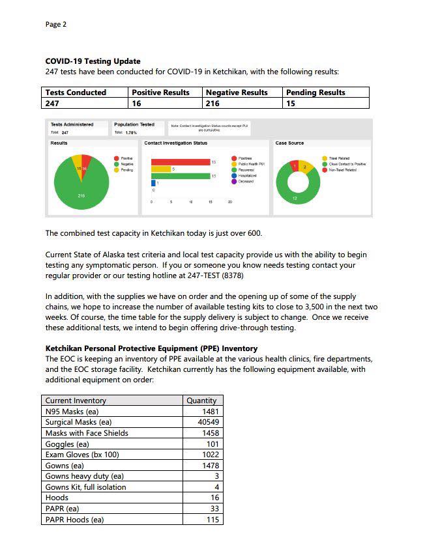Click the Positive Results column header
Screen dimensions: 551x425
(160, 92)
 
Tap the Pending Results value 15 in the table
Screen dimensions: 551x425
(291, 103)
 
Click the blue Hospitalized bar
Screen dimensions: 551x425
(154, 184)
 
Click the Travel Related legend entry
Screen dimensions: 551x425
(339, 158)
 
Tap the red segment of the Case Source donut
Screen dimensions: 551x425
(295, 166)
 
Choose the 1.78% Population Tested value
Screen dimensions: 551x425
(130, 132)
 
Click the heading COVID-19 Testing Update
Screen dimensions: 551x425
(93, 61)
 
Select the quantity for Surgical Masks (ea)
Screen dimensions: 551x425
(209, 422)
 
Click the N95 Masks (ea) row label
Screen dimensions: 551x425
(71, 412)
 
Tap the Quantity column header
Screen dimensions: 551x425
(201, 401)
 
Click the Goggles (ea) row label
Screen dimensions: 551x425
(67, 444)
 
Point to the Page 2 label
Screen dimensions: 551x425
(56, 25)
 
